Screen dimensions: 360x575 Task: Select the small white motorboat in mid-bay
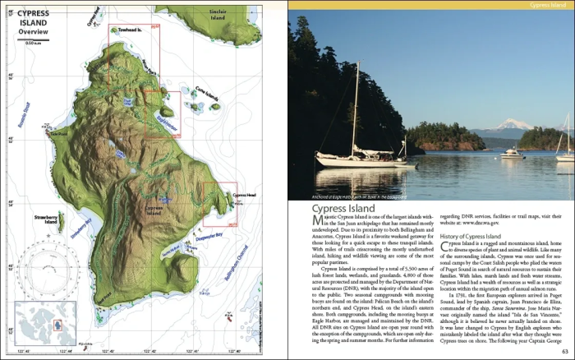coord(511,153)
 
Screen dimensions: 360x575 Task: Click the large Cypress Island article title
coord(348,210)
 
